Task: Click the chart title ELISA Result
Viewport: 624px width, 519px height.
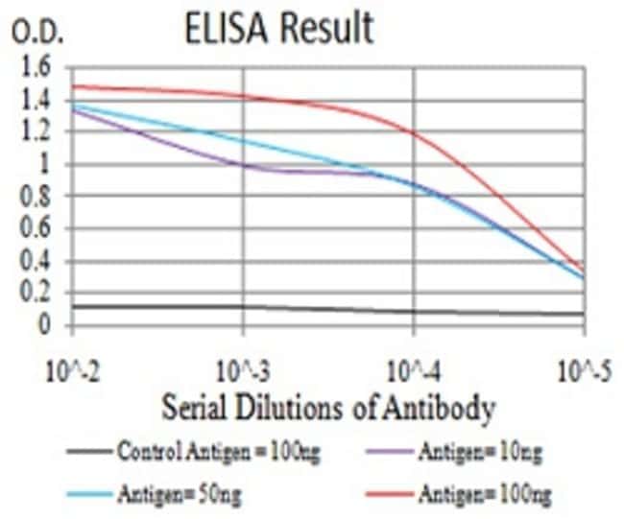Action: click(x=278, y=30)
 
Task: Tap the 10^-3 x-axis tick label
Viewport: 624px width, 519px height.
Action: click(x=244, y=369)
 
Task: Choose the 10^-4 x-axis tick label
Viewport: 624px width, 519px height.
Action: click(x=414, y=369)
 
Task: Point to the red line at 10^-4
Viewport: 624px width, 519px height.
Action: click(x=414, y=133)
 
